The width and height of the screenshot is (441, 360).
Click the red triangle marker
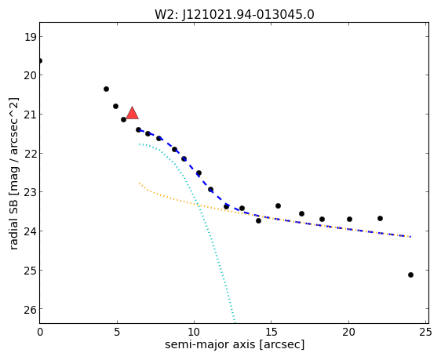132,113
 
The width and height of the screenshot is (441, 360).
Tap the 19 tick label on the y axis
30,37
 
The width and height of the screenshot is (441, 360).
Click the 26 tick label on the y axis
30,310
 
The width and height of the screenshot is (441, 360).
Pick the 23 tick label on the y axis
30,192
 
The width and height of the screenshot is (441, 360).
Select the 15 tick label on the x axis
272,333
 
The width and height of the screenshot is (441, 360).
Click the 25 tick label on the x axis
425,333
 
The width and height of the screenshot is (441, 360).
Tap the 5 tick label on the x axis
117,333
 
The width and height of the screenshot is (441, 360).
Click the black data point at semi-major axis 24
410,275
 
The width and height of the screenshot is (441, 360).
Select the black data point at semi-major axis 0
40,60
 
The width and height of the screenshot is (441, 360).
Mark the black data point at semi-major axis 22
380,218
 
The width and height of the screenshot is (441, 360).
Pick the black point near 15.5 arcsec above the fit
278,206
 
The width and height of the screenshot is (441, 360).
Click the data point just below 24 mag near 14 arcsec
258,221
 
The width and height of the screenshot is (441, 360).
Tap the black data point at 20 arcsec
349,219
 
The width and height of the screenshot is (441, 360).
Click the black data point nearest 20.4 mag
106,89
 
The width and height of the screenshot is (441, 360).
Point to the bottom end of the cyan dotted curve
235,322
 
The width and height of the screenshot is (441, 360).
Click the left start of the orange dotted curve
139,184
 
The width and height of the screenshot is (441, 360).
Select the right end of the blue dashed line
410,237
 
